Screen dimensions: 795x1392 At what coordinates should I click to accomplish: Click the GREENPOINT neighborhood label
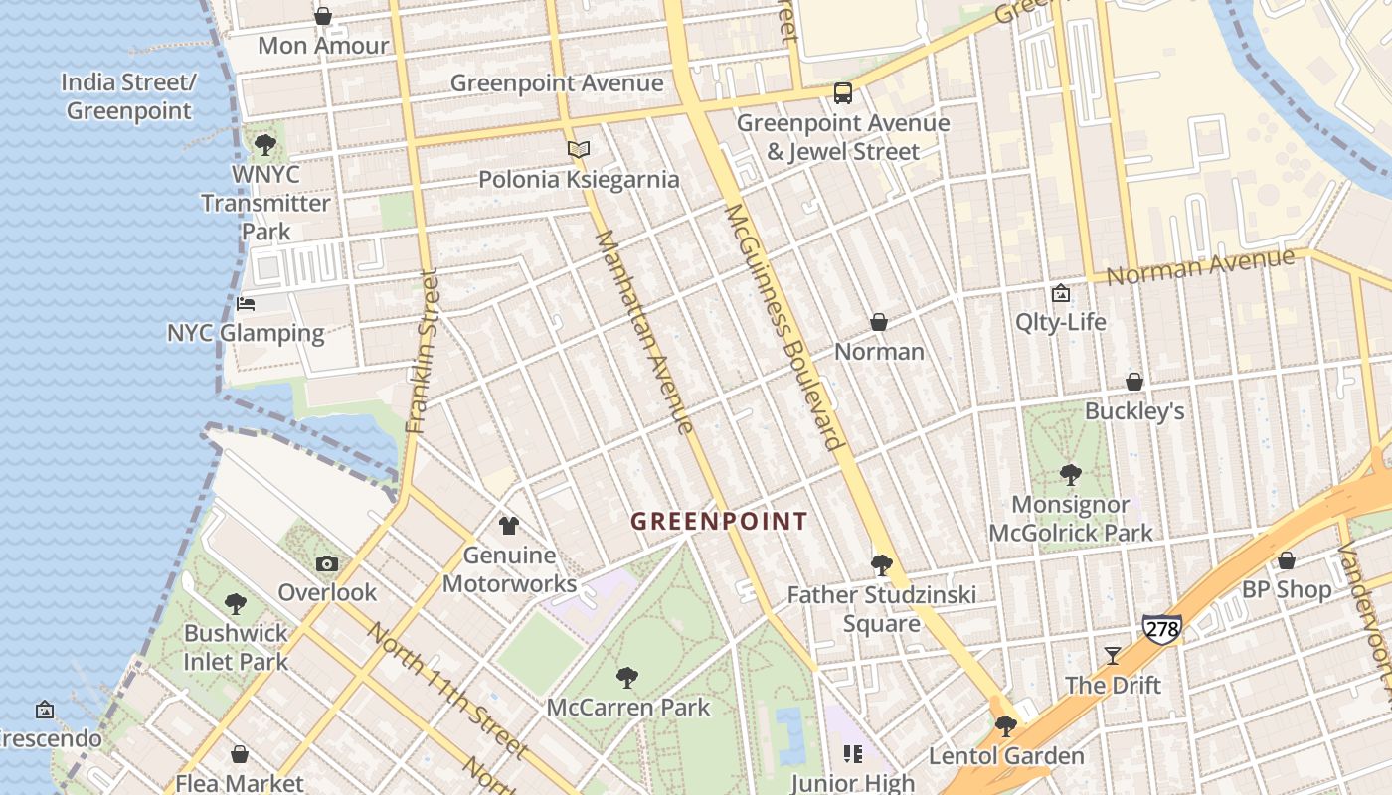tap(719, 521)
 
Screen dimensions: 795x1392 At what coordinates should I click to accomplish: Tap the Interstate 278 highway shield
tap(1161, 629)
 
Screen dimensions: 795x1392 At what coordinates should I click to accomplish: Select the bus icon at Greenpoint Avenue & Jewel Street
tap(842, 93)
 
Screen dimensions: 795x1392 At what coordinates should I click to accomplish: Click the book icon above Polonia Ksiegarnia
tap(579, 150)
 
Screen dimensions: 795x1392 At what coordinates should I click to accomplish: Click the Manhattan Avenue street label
tap(644, 332)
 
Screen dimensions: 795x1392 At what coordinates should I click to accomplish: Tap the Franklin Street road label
tap(423, 352)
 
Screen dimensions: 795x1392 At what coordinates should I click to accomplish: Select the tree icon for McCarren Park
tap(627, 678)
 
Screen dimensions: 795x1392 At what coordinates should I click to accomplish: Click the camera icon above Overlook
tap(326, 564)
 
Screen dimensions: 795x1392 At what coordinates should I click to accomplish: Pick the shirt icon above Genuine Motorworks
tap(509, 525)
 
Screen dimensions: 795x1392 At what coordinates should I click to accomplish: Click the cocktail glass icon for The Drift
tap(1113, 656)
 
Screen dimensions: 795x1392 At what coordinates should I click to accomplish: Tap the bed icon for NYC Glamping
tap(246, 303)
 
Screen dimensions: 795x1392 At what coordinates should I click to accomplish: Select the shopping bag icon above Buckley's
tap(1133, 382)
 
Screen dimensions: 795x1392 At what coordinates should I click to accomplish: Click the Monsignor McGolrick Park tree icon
tap(1070, 475)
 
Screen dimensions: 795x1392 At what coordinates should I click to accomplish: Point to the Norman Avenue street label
tap(1200, 266)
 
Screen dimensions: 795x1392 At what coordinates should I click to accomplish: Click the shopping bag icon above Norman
tap(879, 322)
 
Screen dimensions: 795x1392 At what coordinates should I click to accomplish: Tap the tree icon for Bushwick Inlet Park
tap(235, 603)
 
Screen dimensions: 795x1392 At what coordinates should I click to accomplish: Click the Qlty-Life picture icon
tap(1060, 293)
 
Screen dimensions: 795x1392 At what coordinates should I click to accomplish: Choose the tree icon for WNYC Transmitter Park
tap(264, 145)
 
